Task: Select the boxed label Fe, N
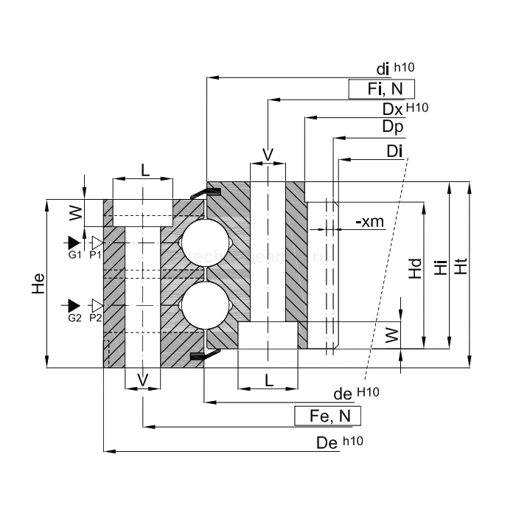point(328,416)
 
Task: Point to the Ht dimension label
point(462,266)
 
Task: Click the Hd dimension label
point(415,268)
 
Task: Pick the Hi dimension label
point(441,267)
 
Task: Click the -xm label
point(369,221)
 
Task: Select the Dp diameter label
point(392,127)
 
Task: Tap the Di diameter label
point(394,152)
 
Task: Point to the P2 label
point(95,318)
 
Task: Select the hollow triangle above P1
point(96,242)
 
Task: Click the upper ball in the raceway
point(203,242)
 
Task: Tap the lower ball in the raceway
point(203,306)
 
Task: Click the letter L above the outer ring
point(144,169)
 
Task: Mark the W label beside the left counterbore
point(74,213)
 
